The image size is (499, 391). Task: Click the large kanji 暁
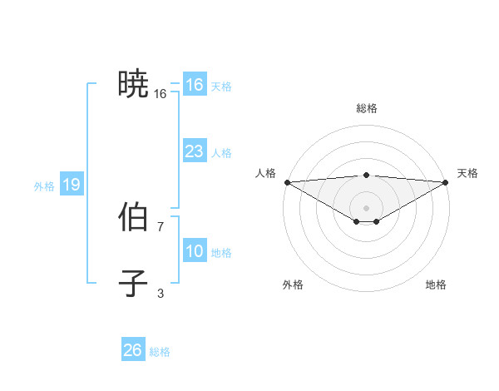[x=133, y=84]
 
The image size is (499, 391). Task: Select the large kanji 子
[x=133, y=283]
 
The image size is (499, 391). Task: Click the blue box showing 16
[x=194, y=85]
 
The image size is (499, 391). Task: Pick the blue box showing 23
[x=194, y=151]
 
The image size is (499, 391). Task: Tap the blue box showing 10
[x=194, y=251]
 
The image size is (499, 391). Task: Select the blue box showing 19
[x=71, y=185]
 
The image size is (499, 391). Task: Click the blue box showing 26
[x=132, y=350]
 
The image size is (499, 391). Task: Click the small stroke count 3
[x=161, y=293]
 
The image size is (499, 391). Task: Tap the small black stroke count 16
[x=161, y=94]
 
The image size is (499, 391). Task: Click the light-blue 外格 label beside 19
[x=44, y=186]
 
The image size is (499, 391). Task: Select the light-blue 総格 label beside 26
[x=160, y=352]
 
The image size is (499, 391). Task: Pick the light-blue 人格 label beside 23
[x=221, y=153]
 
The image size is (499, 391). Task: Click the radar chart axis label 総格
[x=366, y=109]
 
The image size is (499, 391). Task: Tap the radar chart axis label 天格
[x=467, y=173]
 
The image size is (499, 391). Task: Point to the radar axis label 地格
[x=436, y=285]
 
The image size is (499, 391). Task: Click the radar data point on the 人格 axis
[x=287, y=182]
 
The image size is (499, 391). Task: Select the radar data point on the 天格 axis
[x=446, y=182]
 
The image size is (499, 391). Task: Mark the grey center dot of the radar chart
[x=366, y=207]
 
